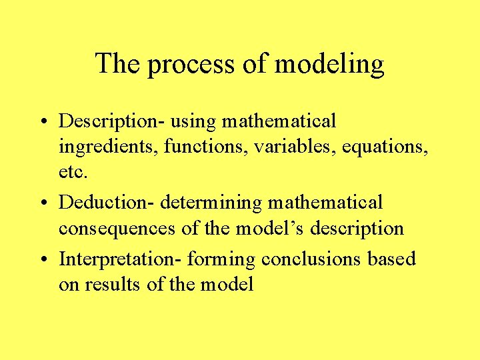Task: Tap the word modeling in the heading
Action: coord(329,65)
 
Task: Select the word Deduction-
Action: coord(107,201)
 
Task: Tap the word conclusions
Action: coord(312,259)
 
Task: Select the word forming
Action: coord(221,259)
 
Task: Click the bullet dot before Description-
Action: coord(43,122)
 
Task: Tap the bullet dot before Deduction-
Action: coord(43,202)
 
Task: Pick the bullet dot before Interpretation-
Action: coord(43,259)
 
